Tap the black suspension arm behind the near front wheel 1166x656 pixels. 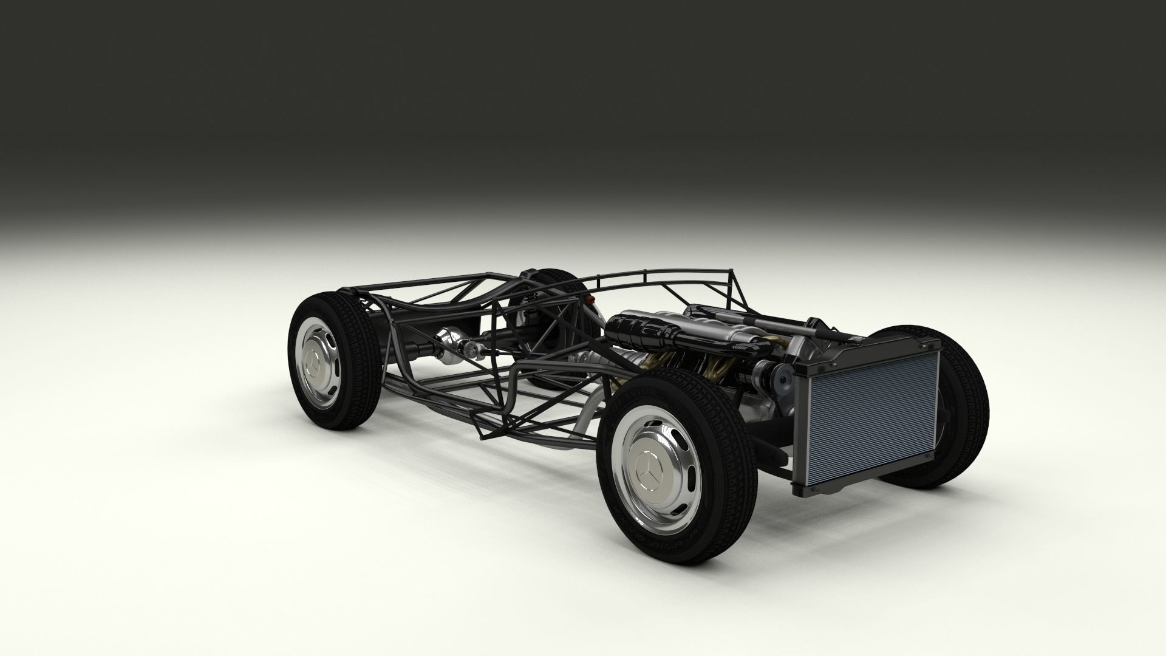click(x=774, y=449)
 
